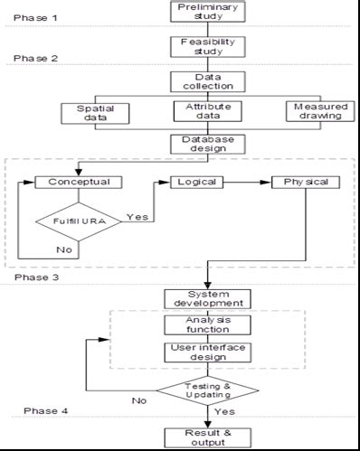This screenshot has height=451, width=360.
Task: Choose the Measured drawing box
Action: tap(314, 112)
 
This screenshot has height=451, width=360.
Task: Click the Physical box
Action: tap(306, 182)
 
